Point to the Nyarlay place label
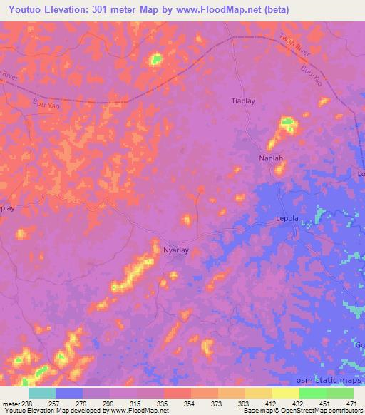pos(176,250)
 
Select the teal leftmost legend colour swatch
pos(42,393)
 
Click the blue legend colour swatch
pos(69,393)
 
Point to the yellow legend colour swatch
pos(286,393)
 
